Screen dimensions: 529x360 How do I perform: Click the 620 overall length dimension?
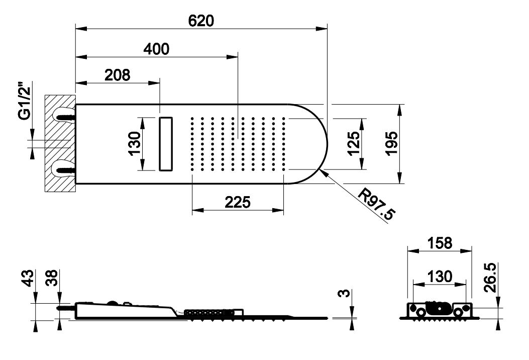click(x=201, y=21)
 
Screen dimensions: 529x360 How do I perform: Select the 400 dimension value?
click(x=156, y=49)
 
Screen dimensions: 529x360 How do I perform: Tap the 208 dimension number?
click(x=118, y=75)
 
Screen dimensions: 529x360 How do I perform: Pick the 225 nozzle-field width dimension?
click(x=238, y=202)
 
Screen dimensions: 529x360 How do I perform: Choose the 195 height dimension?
click(x=391, y=143)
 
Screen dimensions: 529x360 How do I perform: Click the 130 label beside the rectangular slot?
click(x=134, y=143)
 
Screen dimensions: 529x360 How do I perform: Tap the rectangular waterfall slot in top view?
click(x=166, y=144)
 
